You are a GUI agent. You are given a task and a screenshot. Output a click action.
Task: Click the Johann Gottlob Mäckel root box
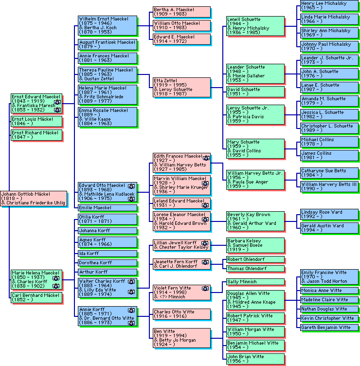click(34, 198)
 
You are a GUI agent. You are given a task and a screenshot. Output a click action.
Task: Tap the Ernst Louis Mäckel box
click(36, 121)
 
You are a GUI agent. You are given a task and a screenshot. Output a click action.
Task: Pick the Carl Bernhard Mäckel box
click(36, 297)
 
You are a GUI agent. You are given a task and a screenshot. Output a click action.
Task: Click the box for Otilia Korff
click(107, 219)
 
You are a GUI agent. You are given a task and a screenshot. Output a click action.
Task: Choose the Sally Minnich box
click(255, 282)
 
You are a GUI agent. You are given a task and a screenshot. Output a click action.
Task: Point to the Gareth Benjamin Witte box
click(329, 328)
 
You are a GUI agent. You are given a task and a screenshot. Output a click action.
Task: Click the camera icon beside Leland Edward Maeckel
click(206, 205)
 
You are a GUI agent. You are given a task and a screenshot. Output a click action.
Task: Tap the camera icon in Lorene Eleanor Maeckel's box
click(206, 220)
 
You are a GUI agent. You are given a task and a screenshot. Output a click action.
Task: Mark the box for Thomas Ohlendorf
click(255, 269)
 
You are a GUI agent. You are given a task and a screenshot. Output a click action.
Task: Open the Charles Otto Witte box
click(181, 314)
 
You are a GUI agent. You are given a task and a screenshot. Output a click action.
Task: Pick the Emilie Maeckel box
click(107, 208)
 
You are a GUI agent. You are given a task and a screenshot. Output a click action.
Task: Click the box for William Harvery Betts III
click(329, 186)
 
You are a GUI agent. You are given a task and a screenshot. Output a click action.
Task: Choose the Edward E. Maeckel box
click(181, 39)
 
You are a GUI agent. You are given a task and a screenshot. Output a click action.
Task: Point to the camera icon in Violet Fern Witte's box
click(206, 289)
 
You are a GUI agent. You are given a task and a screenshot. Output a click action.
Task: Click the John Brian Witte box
click(255, 359)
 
